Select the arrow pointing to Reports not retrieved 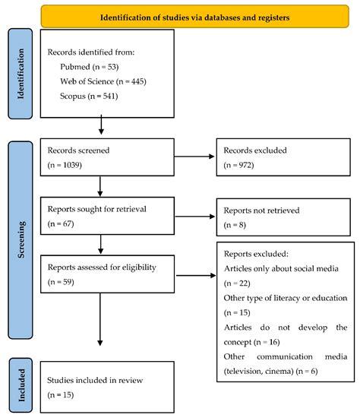click(190, 217)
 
